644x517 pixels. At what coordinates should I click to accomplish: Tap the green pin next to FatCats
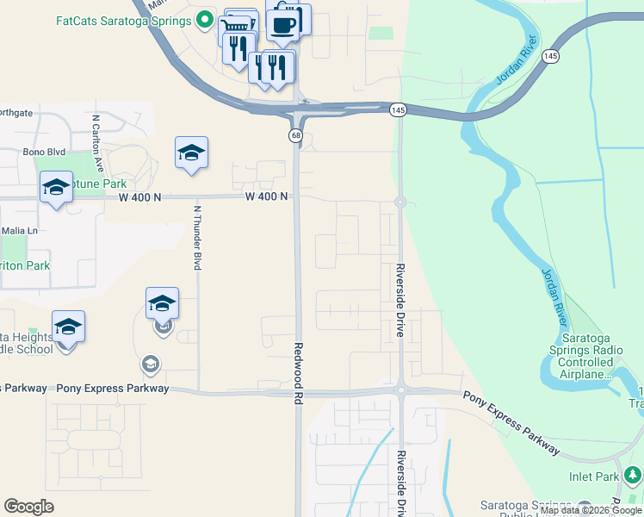click(204, 19)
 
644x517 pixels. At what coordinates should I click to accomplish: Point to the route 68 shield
click(295, 136)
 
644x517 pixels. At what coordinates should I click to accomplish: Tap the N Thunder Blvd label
click(197, 237)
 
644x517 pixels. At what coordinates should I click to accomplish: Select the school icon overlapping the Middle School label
click(68, 327)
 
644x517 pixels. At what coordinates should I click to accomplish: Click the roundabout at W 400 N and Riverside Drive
click(399, 202)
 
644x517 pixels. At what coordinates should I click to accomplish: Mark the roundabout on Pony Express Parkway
click(400, 390)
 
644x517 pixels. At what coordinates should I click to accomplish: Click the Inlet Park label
click(593, 476)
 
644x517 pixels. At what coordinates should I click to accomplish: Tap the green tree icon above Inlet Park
click(634, 474)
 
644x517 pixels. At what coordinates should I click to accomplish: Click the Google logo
click(28, 507)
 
